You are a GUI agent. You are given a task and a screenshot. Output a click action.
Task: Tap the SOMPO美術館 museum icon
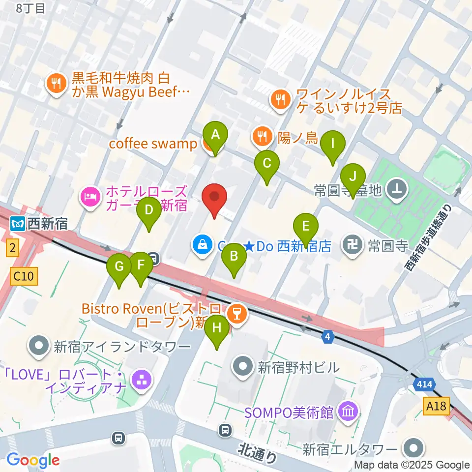point(349,410)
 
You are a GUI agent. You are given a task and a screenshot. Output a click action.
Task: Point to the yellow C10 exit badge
point(24,276)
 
